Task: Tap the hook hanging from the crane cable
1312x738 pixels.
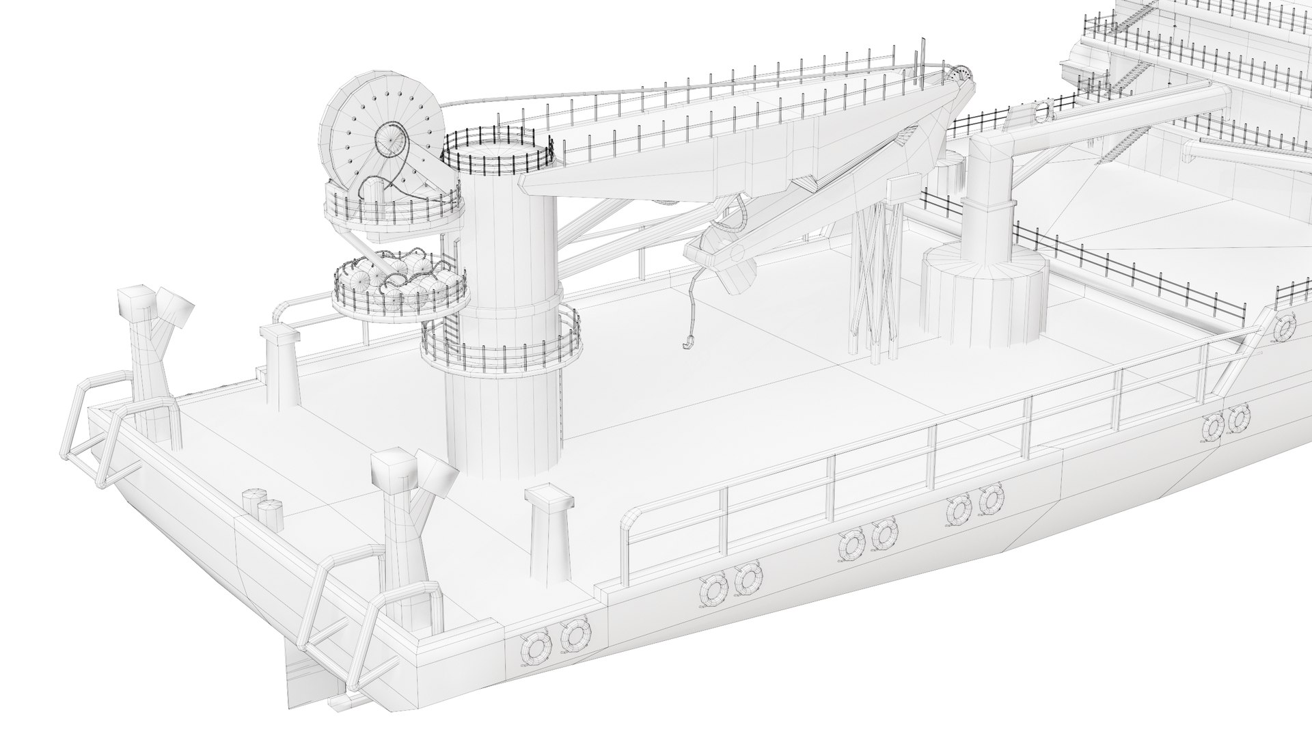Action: [x=686, y=341]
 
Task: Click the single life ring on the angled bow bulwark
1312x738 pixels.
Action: [x=1285, y=328]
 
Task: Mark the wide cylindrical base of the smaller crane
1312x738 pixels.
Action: [x=985, y=297]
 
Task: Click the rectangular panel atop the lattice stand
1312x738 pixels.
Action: [x=902, y=189]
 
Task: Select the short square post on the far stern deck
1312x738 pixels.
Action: [x=279, y=366]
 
